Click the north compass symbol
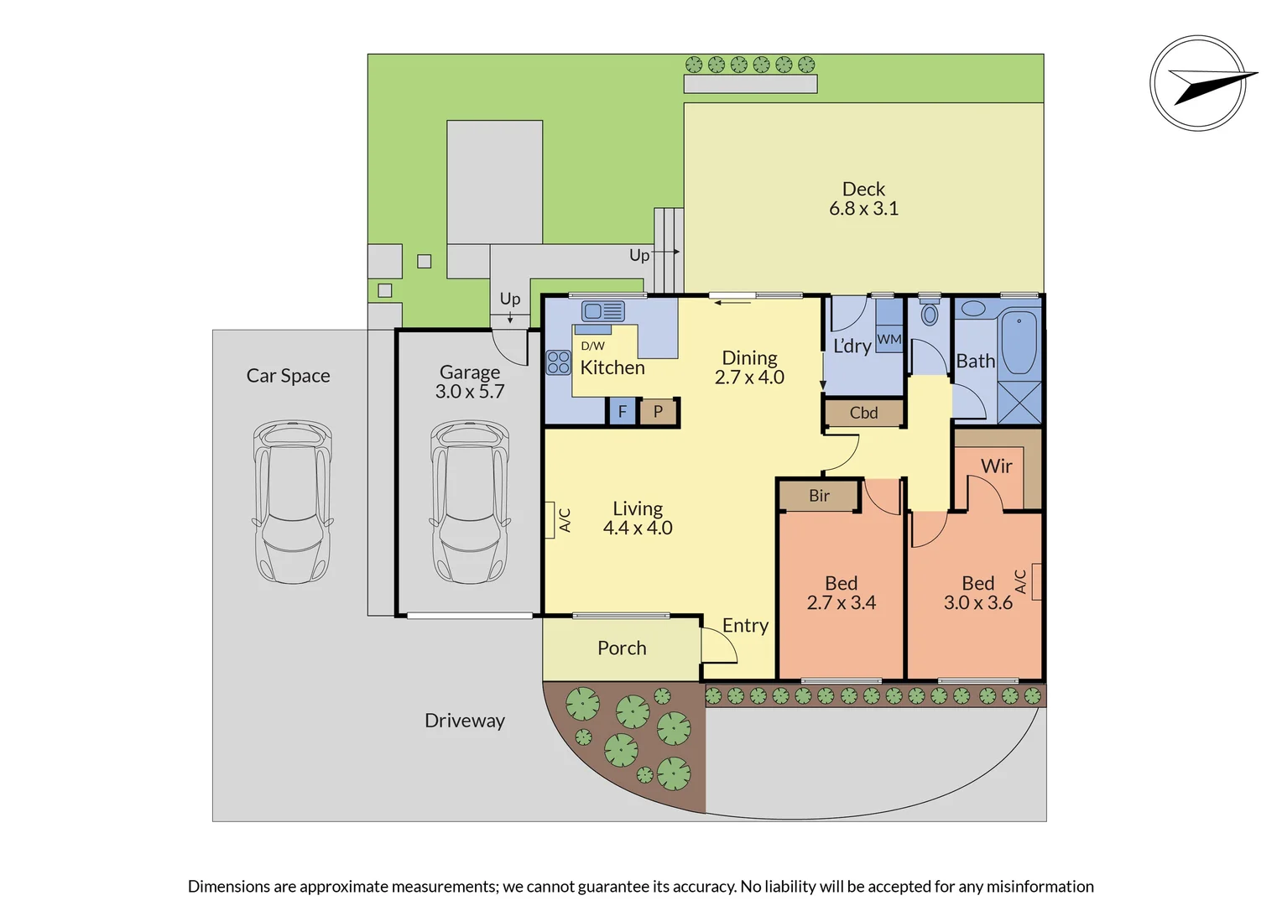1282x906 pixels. pyautogui.click(x=1198, y=82)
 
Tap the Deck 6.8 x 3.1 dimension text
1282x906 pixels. pyautogui.click(x=863, y=208)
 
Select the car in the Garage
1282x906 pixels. pyautogui.click(x=470, y=502)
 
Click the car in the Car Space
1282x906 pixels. pyautogui.click(x=293, y=502)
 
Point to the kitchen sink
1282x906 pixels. pyautogui.click(x=603, y=311)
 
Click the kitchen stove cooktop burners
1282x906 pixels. pyautogui.click(x=558, y=362)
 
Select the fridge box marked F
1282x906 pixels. pyautogui.click(x=622, y=412)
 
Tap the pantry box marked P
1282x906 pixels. pyautogui.click(x=658, y=412)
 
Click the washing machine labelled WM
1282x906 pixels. pyautogui.click(x=889, y=339)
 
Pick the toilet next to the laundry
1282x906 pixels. pyautogui.click(x=929, y=313)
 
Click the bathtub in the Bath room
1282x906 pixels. pyautogui.click(x=1019, y=342)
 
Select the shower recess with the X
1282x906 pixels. pyautogui.click(x=1019, y=403)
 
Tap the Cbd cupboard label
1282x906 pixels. pyautogui.click(x=863, y=413)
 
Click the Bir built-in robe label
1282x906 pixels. pyautogui.click(x=819, y=496)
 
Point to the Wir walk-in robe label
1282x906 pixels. pyautogui.click(x=996, y=466)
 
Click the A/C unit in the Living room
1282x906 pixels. pyautogui.click(x=550, y=519)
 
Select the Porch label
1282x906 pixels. pyautogui.click(x=622, y=648)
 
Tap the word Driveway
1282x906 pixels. pyautogui.click(x=465, y=721)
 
